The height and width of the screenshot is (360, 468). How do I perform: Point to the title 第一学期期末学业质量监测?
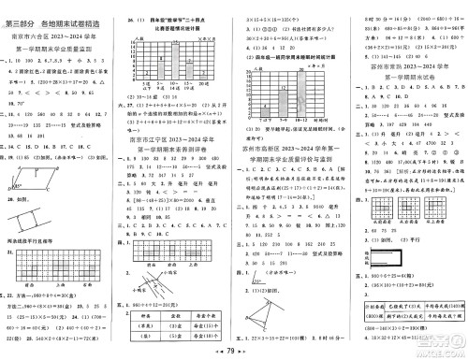(x=58, y=37)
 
